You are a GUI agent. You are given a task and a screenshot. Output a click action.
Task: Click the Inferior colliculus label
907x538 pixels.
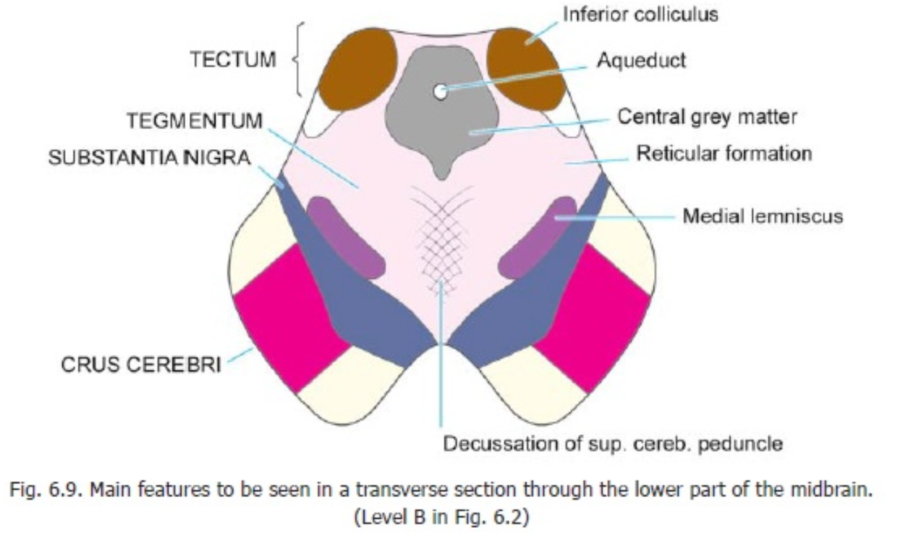[640, 14]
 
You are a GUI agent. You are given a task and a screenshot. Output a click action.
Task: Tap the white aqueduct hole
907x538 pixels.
[440, 91]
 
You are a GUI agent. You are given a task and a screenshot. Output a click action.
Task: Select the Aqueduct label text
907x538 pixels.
[641, 60]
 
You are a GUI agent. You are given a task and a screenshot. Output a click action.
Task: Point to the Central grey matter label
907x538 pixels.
[706, 117]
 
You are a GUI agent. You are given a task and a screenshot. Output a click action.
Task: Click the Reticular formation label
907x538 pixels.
[723, 154]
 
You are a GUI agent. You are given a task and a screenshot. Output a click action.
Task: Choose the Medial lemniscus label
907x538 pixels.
[762, 216]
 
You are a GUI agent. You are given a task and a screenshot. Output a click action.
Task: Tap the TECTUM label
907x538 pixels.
[233, 60]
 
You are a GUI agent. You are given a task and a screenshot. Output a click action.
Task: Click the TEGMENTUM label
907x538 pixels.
[194, 121]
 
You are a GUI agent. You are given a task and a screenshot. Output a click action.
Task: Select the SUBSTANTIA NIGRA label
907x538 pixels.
[150, 157]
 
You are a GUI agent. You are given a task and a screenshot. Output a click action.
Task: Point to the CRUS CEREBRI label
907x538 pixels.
[141, 365]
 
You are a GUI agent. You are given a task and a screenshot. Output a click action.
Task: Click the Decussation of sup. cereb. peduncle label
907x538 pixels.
[612, 443]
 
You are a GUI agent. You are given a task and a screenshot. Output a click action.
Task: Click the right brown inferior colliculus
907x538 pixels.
[525, 68]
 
